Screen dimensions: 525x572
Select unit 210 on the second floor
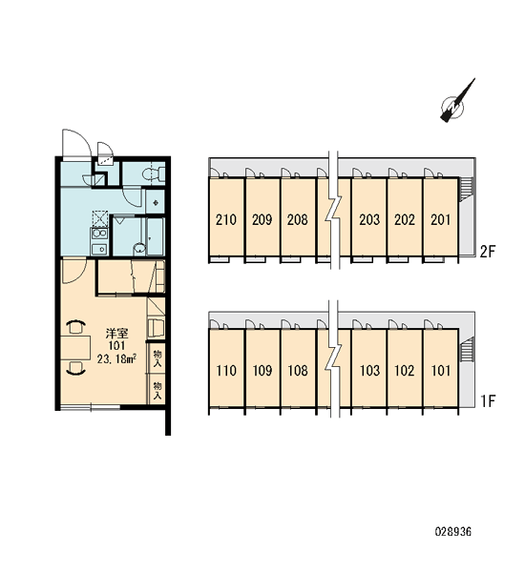pyautogui.click(x=226, y=219)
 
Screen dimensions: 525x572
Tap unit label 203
pyautogui.click(x=369, y=219)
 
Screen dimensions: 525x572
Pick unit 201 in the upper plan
pyautogui.click(x=441, y=219)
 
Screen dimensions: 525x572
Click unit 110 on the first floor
pyautogui.click(x=226, y=371)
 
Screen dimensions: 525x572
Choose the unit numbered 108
pyautogui.click(x=298, y=371)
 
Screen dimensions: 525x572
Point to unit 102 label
pyautogui.click(x=405, y=371)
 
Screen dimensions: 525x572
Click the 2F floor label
pyautogui.click(x=487, y=252)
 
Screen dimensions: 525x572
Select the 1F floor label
pyautogui.click(x=488, y=401)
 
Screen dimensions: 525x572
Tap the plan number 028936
pyautogui.click(x=453, y=532)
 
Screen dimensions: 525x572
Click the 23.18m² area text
pyautogui.click(x=116, y=359)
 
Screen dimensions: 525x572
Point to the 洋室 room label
pyautogui.click(x=116, y=334)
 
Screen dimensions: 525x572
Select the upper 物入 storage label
pyautogui.click(x=157, y=358)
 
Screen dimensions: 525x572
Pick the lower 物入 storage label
pyautogui.click(x=157, y=390)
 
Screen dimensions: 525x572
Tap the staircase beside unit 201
pyautogui.click(x=467, y=189)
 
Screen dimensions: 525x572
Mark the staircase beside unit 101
pyautogui.click(x=467, y=350)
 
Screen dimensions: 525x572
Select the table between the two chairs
pyautogui.click(x=75, y=348)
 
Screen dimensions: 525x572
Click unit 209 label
pyautogui.click(x=262, y=219)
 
